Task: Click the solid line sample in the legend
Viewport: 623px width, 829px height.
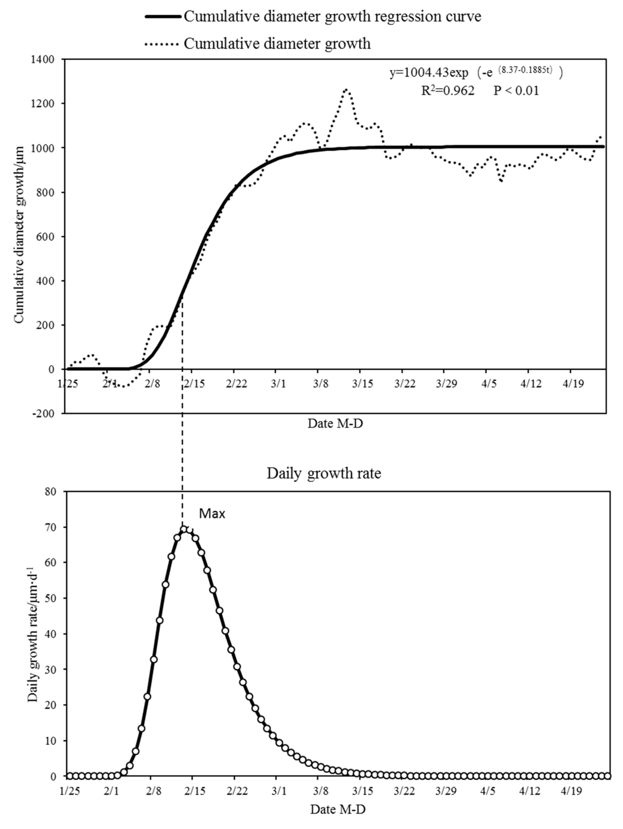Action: (164, 17)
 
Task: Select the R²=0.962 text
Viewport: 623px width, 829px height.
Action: (448, 91)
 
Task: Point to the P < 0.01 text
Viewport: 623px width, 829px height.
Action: (516, 91)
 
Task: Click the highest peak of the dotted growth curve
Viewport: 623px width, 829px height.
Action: (346, 89)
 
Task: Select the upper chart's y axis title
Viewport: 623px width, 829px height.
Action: (19, 234)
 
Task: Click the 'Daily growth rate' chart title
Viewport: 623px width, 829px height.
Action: (324, 473)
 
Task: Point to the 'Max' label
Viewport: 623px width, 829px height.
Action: (212, 513)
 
